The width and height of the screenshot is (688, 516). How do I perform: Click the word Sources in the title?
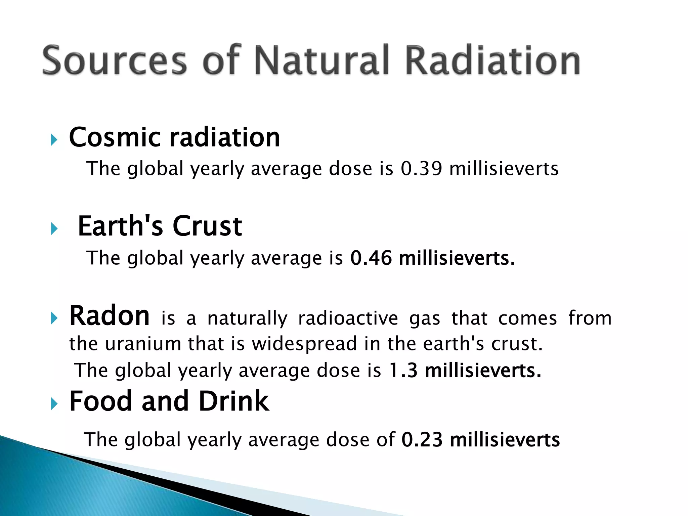(114, 60)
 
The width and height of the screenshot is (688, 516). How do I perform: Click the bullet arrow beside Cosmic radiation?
(54, 139)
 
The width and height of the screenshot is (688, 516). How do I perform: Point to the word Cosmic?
(115, 137)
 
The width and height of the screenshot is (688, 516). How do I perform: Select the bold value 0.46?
(371, 258)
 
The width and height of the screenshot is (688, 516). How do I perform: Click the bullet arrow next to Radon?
(54, 318)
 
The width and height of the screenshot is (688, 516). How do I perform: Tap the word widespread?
(304, 345)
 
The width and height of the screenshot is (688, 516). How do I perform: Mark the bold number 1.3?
(403, 371)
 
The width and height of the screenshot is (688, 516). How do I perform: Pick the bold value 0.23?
(422, 440)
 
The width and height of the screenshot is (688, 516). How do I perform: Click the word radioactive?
(348, 318)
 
